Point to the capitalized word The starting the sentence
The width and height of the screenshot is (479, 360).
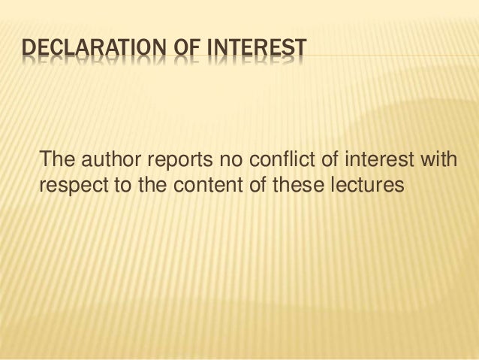tap(56, 159)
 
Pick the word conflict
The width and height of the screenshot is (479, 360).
tap(273, 159)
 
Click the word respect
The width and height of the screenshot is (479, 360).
tap(72, 184)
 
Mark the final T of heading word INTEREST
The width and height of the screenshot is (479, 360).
tap(300, 51)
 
